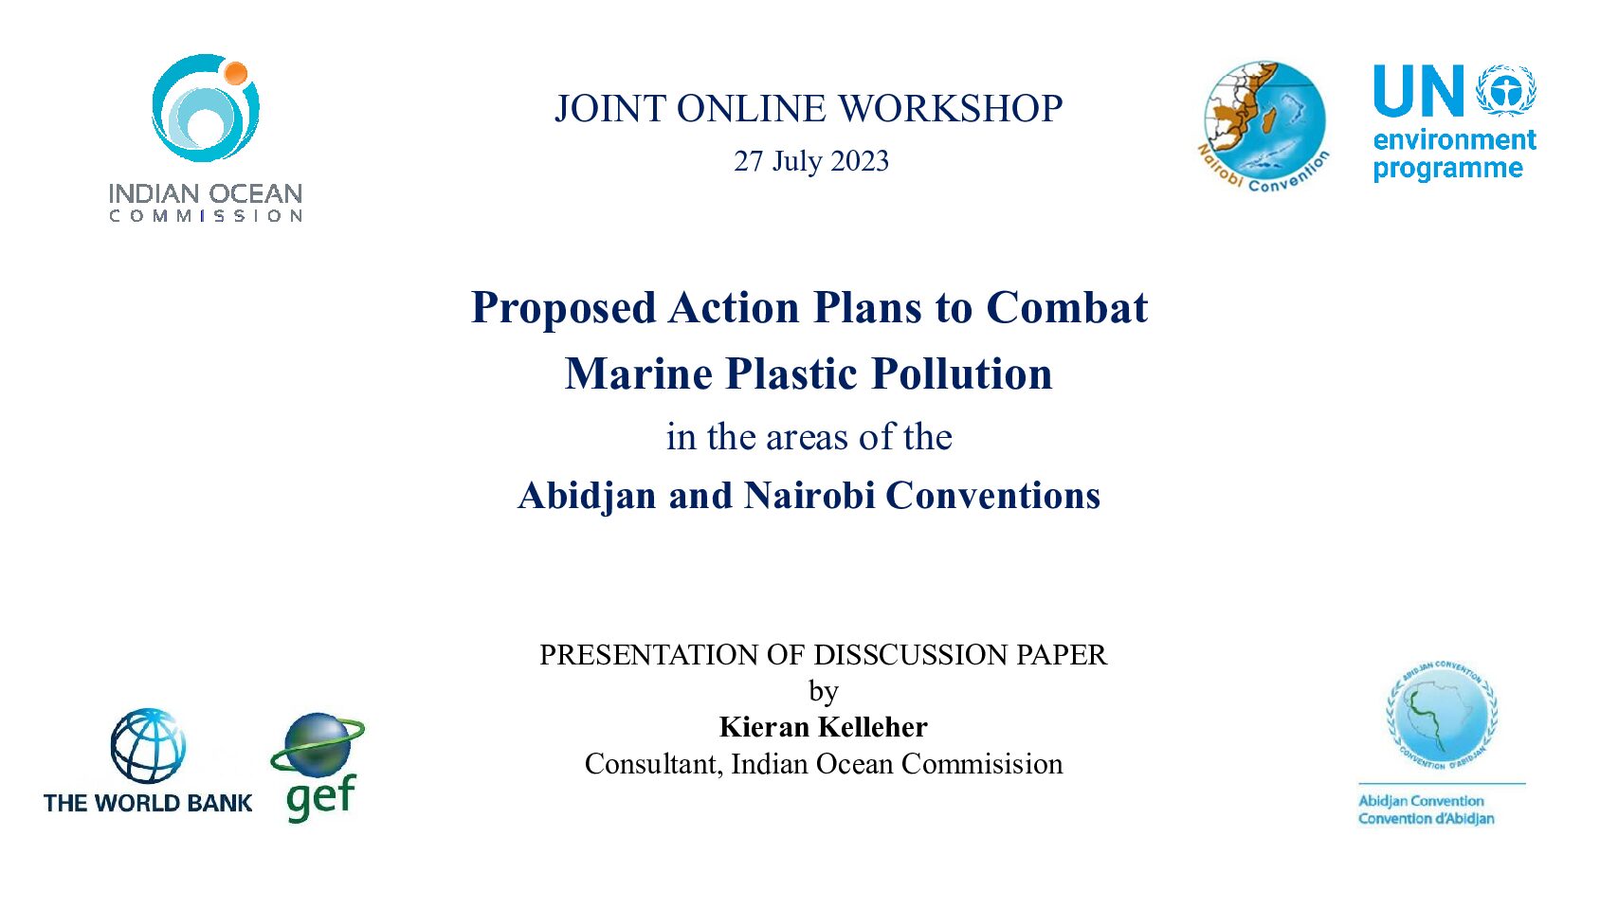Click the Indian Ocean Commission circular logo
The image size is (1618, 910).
205,108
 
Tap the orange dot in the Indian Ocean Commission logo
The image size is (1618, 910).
235,73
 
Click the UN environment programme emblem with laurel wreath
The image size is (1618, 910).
1506,90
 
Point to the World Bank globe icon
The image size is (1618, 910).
148,746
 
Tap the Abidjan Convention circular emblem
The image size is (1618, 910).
1442,716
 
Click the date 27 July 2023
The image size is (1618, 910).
811,161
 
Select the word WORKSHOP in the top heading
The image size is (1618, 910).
951,108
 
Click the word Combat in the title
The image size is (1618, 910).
1067,307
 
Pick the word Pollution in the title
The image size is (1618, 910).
961,373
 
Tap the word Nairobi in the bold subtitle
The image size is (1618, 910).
809,496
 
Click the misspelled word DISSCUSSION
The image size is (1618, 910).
911,655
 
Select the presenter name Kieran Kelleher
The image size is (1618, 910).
824,727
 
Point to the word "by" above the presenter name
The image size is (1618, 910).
824,692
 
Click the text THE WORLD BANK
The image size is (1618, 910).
148,803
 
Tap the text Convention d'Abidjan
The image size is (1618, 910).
1426,819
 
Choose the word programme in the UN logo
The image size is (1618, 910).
1447,169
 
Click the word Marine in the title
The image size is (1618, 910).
639,373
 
